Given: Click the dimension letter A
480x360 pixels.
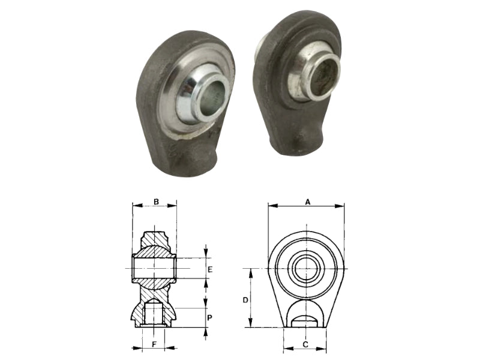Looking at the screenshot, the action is [x=308, y=202].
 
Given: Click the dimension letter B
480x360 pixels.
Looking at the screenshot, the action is [x=156, y=202].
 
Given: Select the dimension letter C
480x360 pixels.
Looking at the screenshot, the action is [x=305, y=344].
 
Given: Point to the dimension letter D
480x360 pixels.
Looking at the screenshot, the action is [x=245, y=301].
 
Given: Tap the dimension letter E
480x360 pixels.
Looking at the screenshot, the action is [x=210, y=269].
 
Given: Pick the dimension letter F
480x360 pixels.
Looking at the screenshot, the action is [x=155, y=344].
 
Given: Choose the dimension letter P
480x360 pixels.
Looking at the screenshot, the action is [x=209, y=318].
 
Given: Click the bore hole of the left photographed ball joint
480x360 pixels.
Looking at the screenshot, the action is [x=214, y=97].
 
